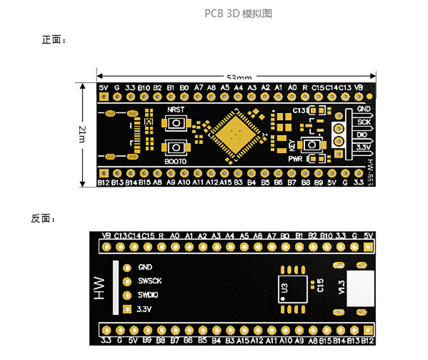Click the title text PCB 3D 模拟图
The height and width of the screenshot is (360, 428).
[x=238, y=14]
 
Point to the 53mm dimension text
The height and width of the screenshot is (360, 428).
[x=239, y=77]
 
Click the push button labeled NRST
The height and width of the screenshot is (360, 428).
[x=176, y=123]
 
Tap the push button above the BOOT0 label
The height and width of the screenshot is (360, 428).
[x=176, y=147]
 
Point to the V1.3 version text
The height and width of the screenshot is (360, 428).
[x=342, y=287]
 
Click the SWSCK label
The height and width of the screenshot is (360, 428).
[x=150, y=281]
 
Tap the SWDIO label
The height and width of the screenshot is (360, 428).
[x=148, y=295]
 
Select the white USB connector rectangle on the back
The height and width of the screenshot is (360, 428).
[x=361, y=288]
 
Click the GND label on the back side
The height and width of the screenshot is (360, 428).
[x=145, y=267]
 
